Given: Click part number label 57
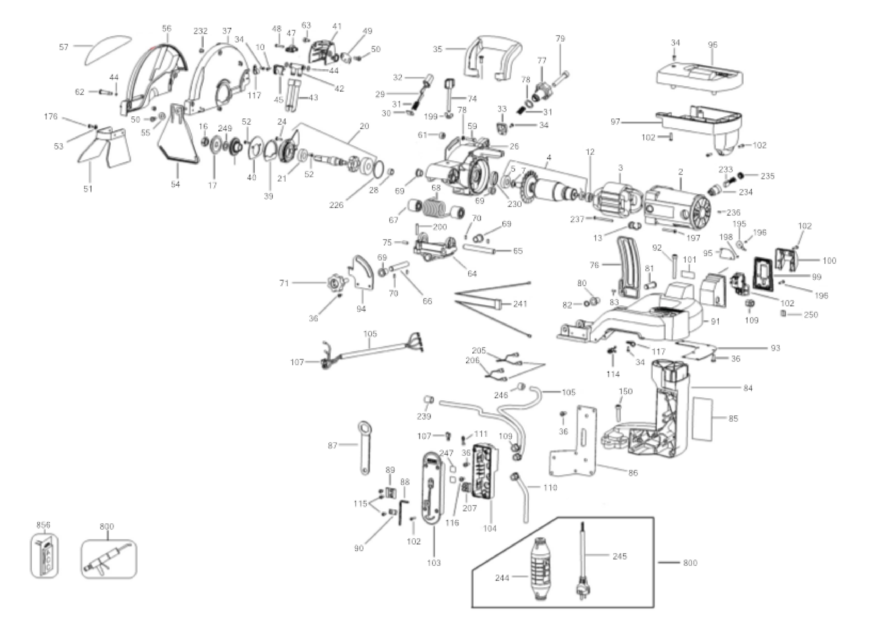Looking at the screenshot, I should pyautogui.click(x=64, y=47).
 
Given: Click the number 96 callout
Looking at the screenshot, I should pyautogui.click(x=712, y=45).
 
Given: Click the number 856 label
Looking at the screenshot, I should pyautogui.click(x=43, y=525).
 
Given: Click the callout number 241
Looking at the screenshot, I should pyautogui.click(x=520, y=304).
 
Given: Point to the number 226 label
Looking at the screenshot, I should pyautogui.click(x=336, y=205).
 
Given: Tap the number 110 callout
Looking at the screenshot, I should pyautogui.click(x=550, y=488).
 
